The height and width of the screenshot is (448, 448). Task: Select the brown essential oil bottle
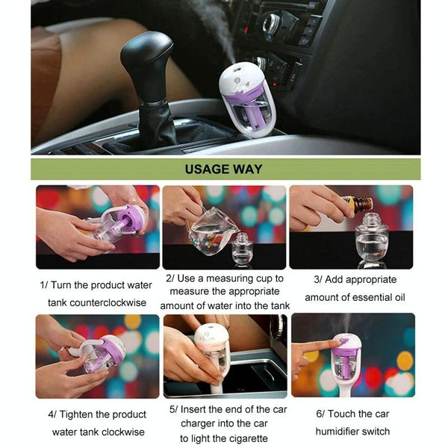point(358,203)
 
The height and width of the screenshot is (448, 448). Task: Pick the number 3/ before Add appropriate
point(318,279)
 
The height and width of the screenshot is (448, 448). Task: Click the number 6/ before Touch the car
point(320,414)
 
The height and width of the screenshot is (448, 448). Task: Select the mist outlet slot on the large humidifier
point(237,69)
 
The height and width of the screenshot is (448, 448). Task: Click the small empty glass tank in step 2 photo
point(242,248)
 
